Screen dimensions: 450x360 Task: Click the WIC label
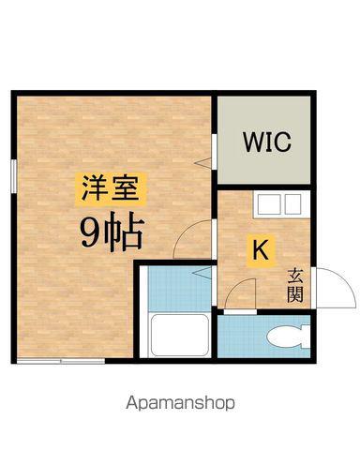268,143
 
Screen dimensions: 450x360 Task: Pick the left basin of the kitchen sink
267,203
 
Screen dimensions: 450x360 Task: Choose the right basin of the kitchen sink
292,203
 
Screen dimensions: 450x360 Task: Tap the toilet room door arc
241,292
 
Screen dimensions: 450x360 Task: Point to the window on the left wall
14,177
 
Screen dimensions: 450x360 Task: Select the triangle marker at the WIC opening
202,162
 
